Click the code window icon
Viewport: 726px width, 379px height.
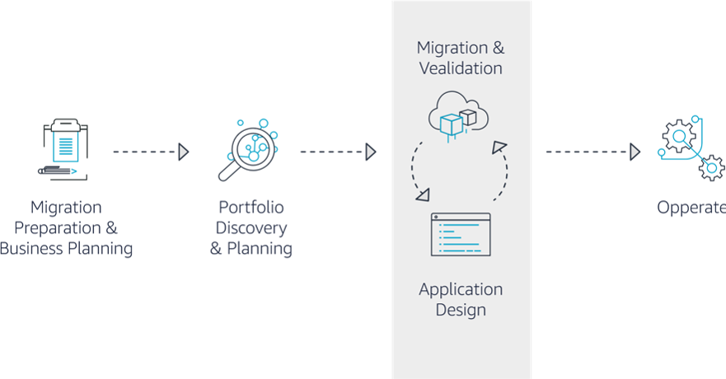point(461,234)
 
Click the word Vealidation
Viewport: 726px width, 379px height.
point(460,68)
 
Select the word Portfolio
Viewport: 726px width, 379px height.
point(251,207)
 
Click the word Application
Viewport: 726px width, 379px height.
point(461,289)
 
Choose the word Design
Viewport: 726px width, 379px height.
point(461,311)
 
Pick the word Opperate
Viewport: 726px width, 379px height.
point(691,208)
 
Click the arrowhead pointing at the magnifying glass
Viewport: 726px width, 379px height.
point(183,152)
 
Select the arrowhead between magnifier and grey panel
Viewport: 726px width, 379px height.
point(371,152)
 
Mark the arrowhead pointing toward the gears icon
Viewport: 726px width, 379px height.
point(635,152)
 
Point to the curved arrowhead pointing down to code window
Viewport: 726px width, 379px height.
point(423,195)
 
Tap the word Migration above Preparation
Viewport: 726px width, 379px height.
point(66,207)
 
